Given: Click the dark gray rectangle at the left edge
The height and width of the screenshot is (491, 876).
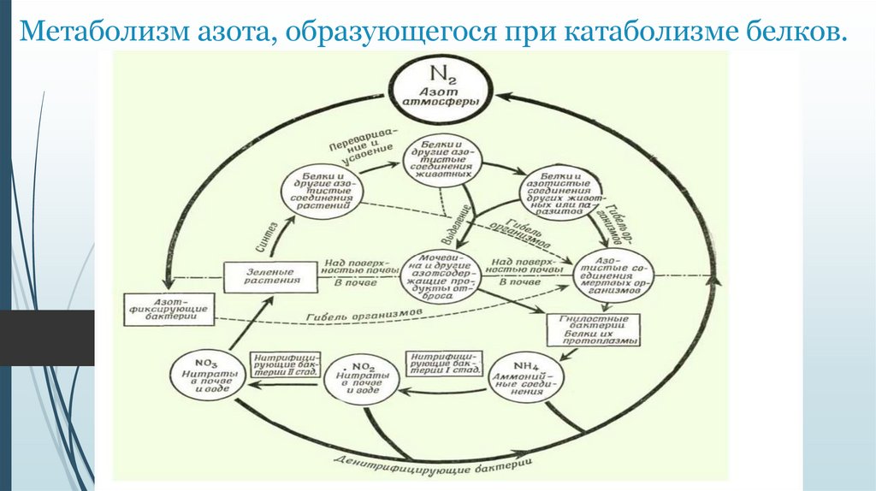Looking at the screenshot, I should click(x=47, y=338).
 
